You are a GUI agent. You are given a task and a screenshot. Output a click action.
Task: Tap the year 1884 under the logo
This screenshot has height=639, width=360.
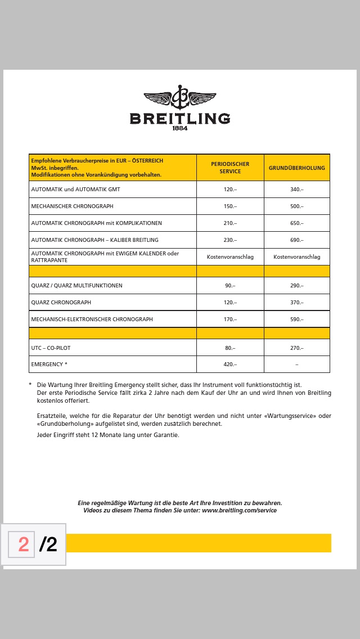180,128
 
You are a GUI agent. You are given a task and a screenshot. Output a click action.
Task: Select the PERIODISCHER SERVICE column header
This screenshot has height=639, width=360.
230,168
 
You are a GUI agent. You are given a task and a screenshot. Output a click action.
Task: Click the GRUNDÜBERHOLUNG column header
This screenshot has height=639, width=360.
297,168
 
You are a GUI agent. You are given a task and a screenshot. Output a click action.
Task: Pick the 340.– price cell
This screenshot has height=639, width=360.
297,190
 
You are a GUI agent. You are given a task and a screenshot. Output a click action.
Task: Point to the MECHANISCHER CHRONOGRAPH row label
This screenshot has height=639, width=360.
72,206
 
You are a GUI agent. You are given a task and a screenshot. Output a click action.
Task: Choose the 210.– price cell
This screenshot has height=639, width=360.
230,223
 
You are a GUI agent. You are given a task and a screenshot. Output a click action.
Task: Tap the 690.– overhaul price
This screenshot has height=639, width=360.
297,240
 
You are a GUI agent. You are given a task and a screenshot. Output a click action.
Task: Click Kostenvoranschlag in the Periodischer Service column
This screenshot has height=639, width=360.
230,257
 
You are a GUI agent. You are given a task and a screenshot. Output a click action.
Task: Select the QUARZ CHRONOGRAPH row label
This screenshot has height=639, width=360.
61,303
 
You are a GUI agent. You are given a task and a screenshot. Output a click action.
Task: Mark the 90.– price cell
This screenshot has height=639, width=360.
230,286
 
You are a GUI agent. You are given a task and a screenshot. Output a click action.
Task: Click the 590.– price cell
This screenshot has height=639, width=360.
297,319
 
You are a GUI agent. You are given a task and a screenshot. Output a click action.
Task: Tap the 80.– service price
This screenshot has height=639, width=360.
230,348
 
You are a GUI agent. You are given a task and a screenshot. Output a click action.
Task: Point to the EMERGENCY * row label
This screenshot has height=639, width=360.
49,364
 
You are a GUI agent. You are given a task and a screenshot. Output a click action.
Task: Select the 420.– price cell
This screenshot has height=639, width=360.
230,364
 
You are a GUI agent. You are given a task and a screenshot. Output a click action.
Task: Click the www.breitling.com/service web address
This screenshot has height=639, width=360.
239,511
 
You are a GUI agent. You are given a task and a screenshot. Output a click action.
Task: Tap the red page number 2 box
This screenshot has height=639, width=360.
23,544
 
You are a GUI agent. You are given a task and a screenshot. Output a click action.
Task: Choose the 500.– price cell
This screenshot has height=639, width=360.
297,206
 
